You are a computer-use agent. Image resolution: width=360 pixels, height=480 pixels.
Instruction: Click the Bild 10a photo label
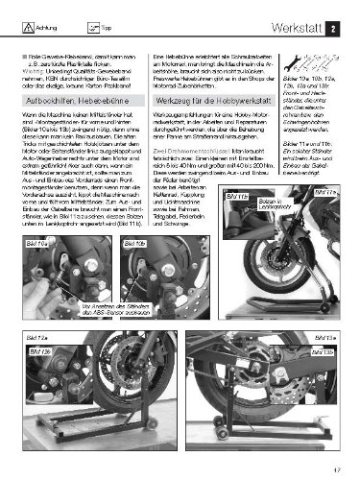[x=36, y=246]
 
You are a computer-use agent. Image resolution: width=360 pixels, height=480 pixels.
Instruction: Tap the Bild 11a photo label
[x=237, y=222]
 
